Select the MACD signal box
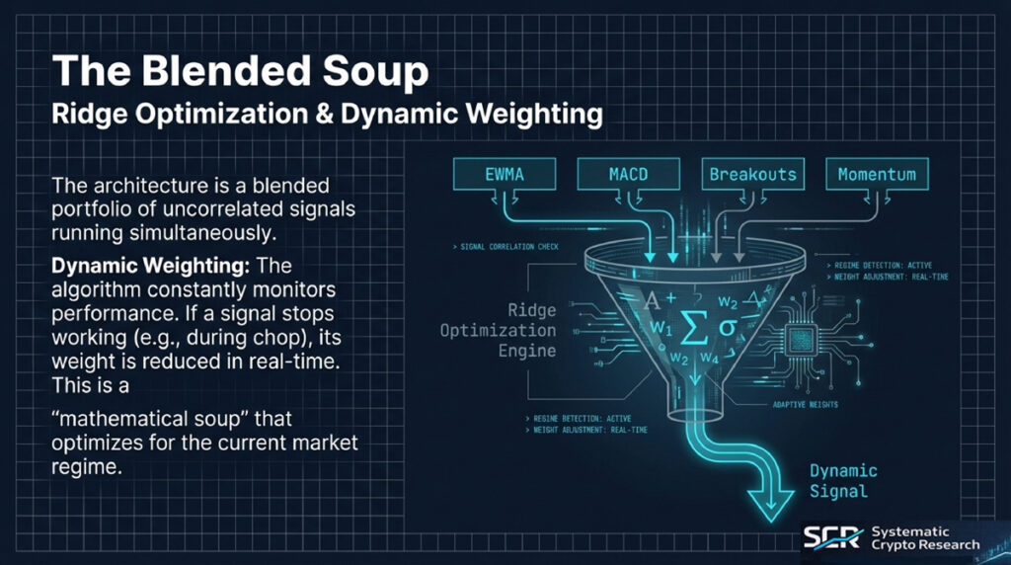click(628, 175)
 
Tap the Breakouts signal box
click(752, 175)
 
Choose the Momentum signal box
click(877, 175)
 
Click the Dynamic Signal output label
click(838, 481)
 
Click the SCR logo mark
click(831, 537)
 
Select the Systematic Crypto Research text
click(925, 538)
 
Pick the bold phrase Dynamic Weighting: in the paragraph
click(129, 268)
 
